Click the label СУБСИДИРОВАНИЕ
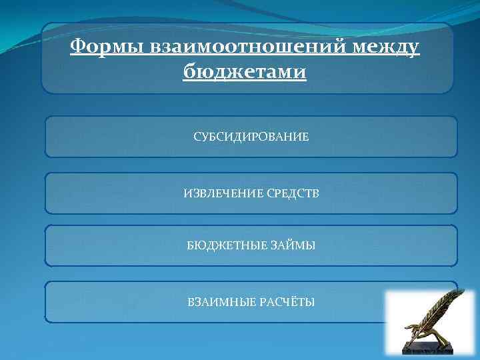(x=251, y=137)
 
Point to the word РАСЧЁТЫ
(x=289, y=302)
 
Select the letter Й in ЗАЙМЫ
(x=292, y=246)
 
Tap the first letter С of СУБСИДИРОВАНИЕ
(x=197, y=137)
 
